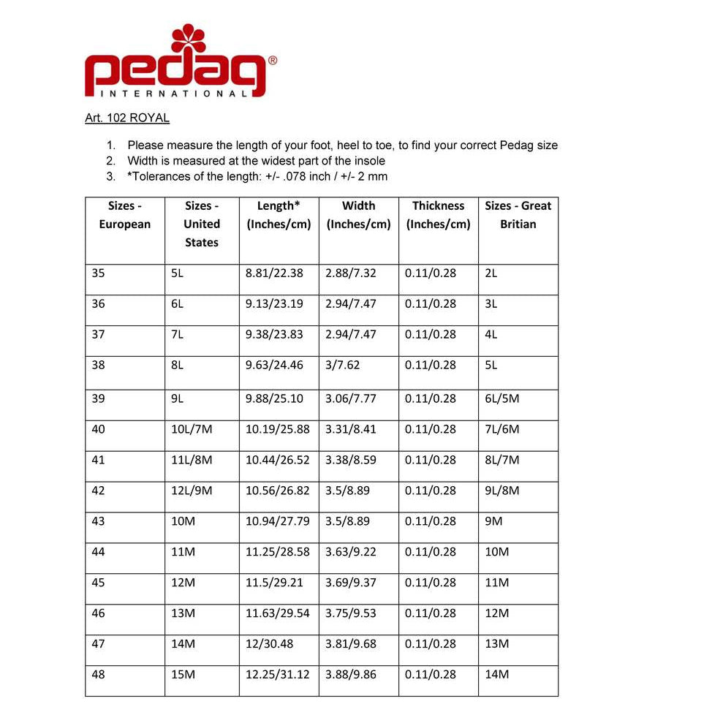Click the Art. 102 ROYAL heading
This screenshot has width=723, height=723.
pyautogui.click(x=127, y=118)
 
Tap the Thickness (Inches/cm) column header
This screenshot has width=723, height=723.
pyautogui.click(x=438, y=215)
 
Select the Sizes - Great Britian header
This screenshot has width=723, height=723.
pyautogui.click(x=518, y=215)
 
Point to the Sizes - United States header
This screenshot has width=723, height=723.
pyautogui.click(x=202, y=224)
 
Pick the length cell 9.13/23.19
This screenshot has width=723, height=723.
pyautogui.click(x=278, y=304)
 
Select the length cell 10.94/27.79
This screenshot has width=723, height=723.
pyautogui.click(x=278, y=521)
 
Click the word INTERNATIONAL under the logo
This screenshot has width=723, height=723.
pyautogui.click(x=173, y=94)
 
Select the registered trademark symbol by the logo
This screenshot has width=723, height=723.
pyautogui.click(x=273, y=62)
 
